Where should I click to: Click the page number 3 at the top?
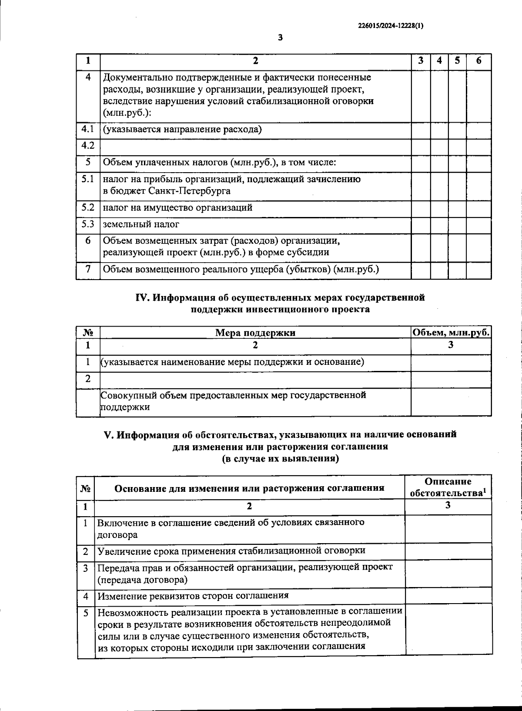(x=280, y=38)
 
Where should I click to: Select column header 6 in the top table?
(x=478, y=61)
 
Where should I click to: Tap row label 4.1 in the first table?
(x=88, y=129)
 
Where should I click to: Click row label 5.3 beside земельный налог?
(x=88, y=224)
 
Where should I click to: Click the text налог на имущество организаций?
(x=177, y=208)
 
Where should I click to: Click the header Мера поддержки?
(x=255, y=333)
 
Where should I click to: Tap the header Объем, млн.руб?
(x=451, y=333)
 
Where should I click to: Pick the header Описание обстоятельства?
(x=448, y=487)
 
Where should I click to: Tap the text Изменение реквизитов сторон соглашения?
(x=193, y=596)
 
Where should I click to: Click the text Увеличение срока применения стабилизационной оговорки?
(x=231, y=551)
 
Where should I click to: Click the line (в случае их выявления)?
(x=280, y=458)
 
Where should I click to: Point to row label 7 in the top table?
(x=88, y=269)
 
